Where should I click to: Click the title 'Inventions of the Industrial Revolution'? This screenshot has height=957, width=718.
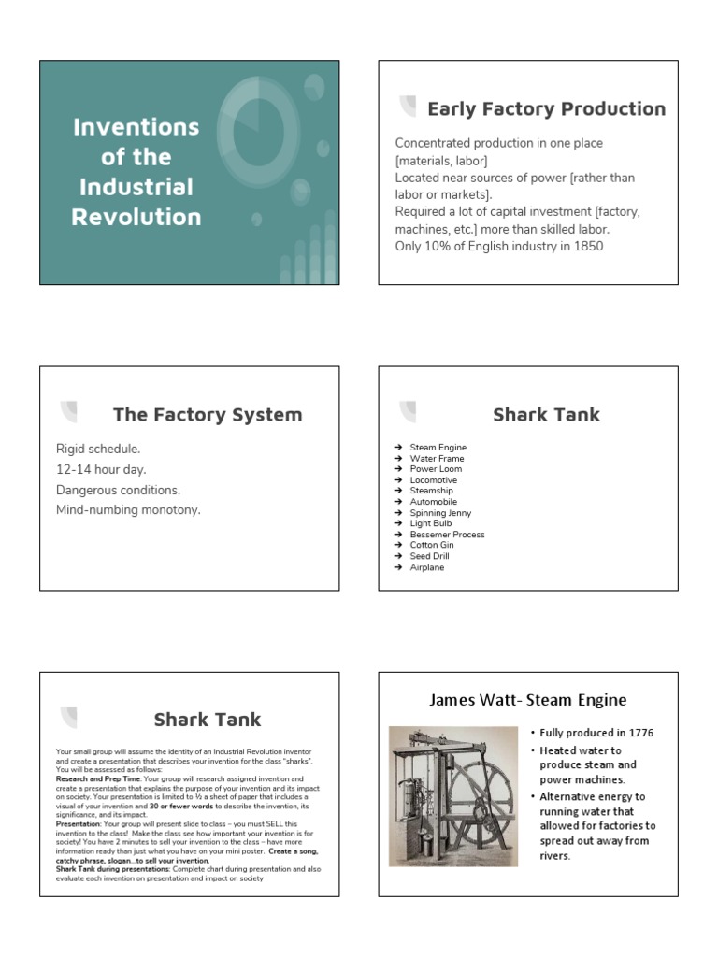(x=136, y=172)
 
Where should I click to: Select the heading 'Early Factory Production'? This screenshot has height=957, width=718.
(x=546, y=109)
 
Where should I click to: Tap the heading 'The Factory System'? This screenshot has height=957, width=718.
(x=208, y=415)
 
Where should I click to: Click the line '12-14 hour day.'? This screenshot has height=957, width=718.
(x=101, y=469)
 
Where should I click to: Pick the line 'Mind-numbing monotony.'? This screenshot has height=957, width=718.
(x=128, y=510)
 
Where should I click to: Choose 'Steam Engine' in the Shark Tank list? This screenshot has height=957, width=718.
(x=438, y=448)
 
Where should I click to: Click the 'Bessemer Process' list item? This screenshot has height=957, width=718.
(x=447, y=535)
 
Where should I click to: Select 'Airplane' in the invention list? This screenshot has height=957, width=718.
(x=427, y=567)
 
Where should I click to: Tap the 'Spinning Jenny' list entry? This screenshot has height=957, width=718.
(x=440, y=513)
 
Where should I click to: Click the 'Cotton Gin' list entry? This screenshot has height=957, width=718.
(x=432, y=546)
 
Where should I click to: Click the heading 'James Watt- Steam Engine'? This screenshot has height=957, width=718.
(x=527, y=700)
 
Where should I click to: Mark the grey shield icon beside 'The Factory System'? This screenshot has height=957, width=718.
(x=68, y=412)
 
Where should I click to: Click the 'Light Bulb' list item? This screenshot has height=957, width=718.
(x=431, y=524)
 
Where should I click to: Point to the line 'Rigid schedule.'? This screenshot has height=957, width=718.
(x=98, y=450)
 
